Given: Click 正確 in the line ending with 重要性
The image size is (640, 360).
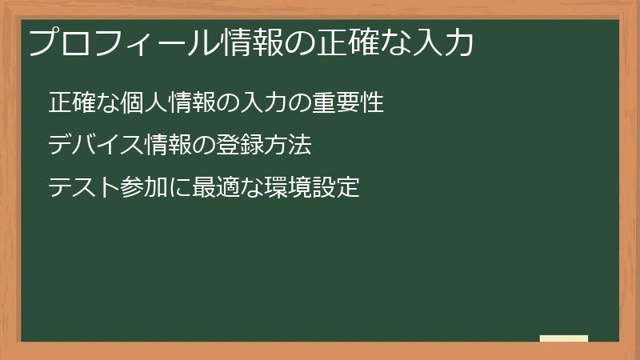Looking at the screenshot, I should pos(72,103).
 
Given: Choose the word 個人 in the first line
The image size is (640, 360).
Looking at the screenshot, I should pos(144,103).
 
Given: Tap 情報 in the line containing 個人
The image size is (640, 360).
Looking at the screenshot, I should pos(193,103).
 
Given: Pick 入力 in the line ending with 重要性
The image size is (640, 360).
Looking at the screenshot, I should pos(265,103).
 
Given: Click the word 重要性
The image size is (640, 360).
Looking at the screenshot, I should pos(349,103).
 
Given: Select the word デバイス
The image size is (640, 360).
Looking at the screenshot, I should pos(96,146).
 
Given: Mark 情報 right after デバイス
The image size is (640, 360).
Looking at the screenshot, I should pos(169,146).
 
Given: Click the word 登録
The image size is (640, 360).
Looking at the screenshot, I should pos(241,146).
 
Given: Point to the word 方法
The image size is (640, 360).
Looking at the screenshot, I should pos(289,146).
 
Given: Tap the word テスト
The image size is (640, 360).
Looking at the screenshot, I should pos(84,188).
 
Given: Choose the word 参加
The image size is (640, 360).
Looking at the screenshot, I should pos(145,188).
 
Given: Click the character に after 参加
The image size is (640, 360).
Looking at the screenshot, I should pos(181,188).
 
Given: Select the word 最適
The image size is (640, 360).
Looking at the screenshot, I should pos(217,188).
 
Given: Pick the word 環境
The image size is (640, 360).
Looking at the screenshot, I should pos(288,188).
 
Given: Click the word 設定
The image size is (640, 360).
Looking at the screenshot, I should pos(336,188).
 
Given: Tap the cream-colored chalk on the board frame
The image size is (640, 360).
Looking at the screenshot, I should pos(564,338).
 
